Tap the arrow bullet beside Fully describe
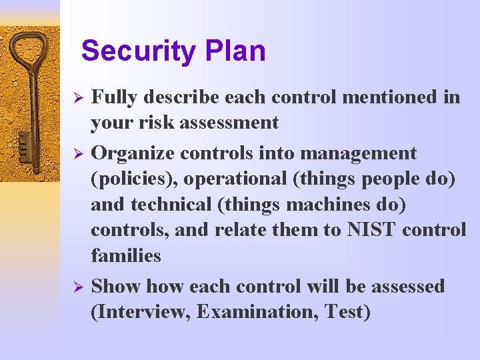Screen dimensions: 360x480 [77, 98]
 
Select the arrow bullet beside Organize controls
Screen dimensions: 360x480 [77, 154]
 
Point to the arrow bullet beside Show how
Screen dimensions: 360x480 [77, 287]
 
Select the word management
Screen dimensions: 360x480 [359, 153]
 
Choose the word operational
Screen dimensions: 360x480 [233, 179]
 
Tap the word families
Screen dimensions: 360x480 [126, 255]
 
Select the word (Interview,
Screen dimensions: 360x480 [141, 312]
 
